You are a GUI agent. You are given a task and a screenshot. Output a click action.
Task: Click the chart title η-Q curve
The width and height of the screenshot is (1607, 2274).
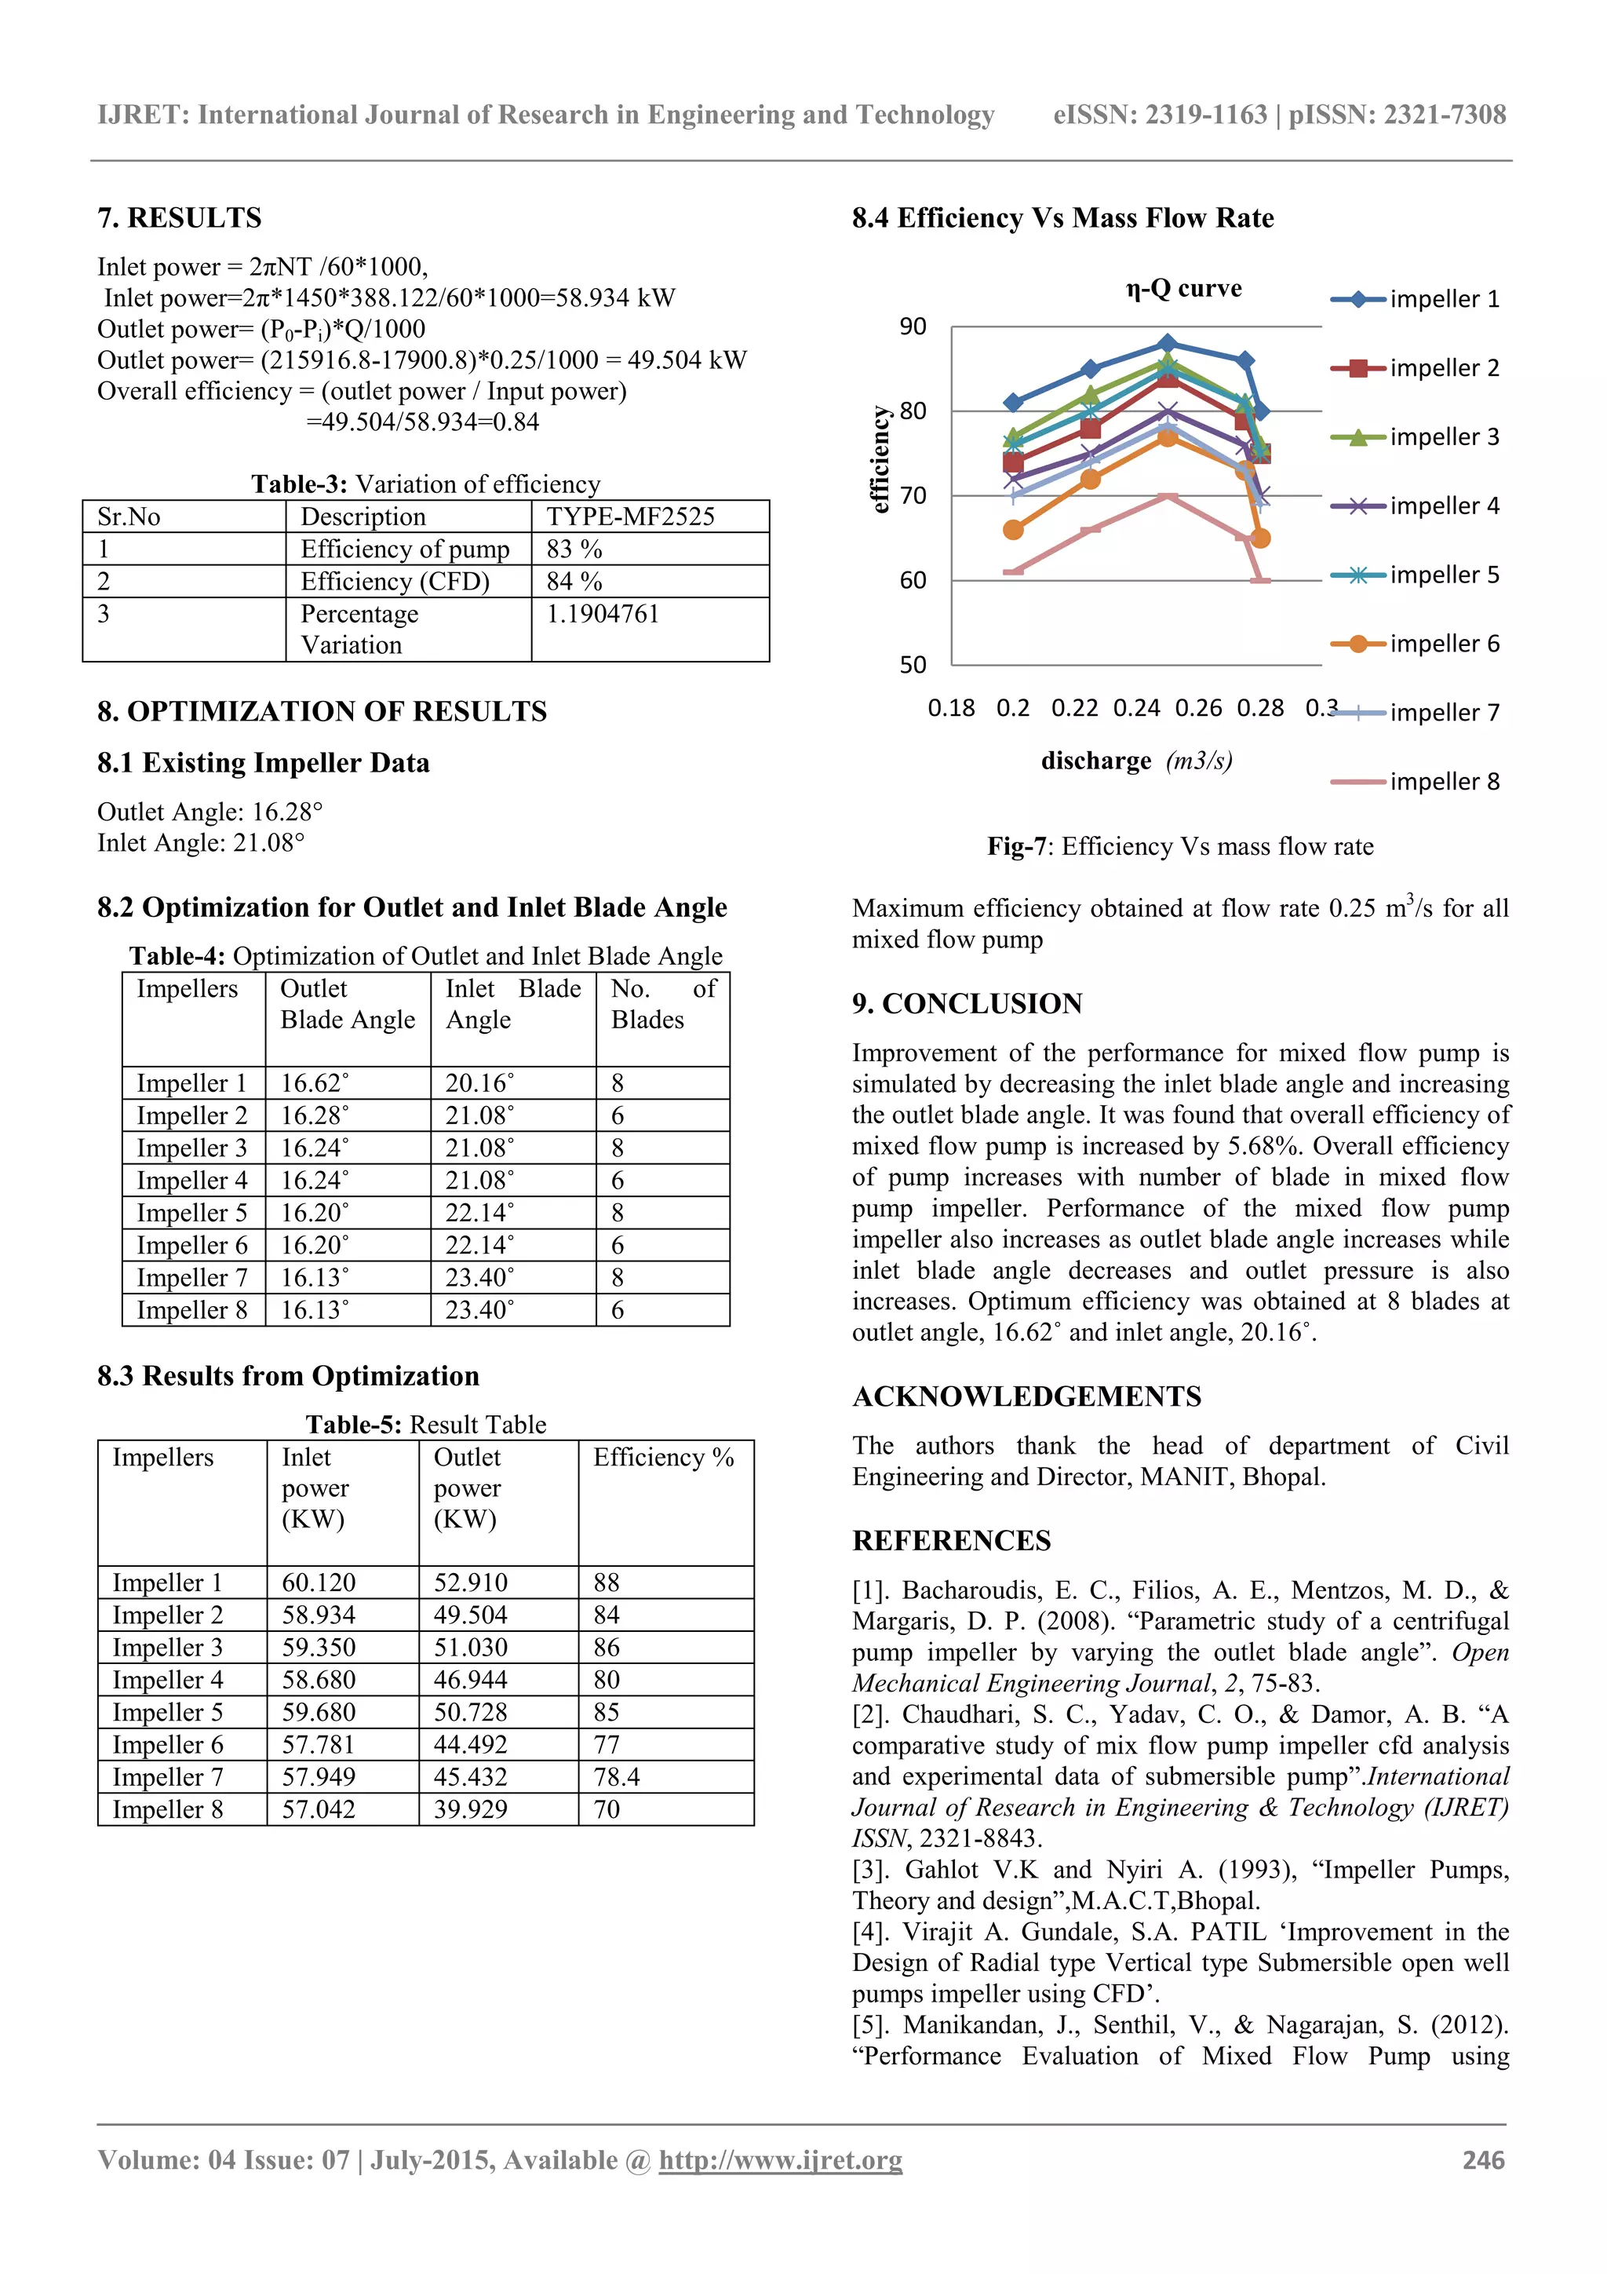pos(1183,288)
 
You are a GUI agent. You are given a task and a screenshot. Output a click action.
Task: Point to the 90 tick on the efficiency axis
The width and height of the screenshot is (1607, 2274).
pos(913,327)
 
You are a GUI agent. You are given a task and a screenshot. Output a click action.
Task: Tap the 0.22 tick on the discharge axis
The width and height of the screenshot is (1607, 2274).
pos(1074,708)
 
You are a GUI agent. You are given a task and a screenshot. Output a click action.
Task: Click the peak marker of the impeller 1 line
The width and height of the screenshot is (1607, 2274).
pos(1168,344)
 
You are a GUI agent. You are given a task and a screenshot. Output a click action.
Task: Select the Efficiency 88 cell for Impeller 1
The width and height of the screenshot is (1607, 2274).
pos(607,1582)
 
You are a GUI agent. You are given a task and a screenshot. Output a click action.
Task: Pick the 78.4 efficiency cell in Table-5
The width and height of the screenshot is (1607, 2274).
pos(617,1777)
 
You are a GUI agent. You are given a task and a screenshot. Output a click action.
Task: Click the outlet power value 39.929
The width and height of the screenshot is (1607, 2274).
pos(470,1809)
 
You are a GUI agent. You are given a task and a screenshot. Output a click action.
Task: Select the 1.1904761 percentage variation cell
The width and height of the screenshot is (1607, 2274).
pos(603,614)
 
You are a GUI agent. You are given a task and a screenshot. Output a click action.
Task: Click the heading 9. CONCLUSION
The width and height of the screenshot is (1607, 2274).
pos(967,1003)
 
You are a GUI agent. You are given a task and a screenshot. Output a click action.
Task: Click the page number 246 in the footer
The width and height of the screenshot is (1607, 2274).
pos(1483,2160)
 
